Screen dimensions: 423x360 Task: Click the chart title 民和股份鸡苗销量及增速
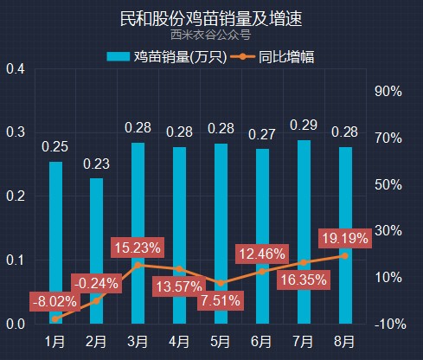point(211,19)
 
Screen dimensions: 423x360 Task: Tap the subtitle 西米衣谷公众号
point(211,35)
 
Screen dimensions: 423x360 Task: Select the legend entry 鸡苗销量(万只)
point(167,56)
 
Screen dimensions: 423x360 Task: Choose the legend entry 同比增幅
point(272,56)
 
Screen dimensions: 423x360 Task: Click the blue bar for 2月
point(96,251)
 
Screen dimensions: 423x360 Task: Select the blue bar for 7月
point(304,232)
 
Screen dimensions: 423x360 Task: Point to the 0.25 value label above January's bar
point(54,147)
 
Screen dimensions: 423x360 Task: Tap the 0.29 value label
point(304,125)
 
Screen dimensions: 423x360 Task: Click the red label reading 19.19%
point(345,239)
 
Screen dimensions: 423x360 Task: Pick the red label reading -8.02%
point(54,302)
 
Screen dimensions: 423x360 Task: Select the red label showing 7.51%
point(221,300)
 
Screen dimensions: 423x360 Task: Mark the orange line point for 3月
point(138,265)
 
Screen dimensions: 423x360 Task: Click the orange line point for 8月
point(345,256)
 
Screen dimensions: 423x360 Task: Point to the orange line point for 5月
point(221,283)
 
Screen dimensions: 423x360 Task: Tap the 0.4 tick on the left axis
point(16,69)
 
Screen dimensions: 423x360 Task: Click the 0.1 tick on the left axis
point(16,260)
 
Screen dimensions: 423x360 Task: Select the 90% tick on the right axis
point(388,92)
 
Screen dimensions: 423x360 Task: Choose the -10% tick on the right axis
point(390,325)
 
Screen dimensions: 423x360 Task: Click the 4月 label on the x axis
point(179,342)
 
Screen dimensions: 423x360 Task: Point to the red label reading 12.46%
point(262,254)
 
